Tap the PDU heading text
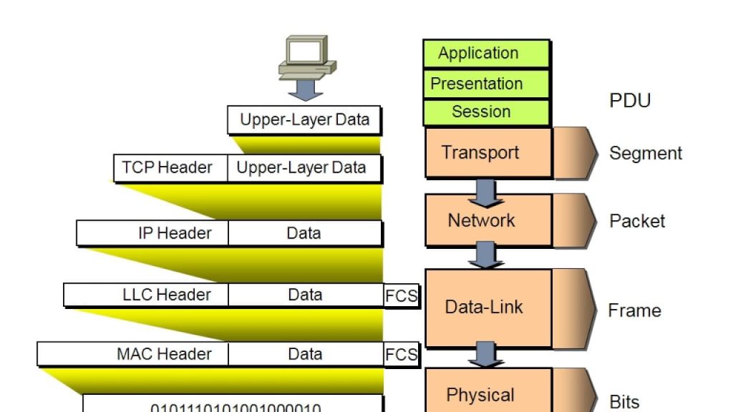pos(630,101)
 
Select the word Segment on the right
pos(646,153)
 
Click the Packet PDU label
pos(637,221)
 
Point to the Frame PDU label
pos(634,310)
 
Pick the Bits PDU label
pos(624,402)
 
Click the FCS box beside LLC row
pos(401,295)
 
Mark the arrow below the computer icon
pos(306,89)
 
